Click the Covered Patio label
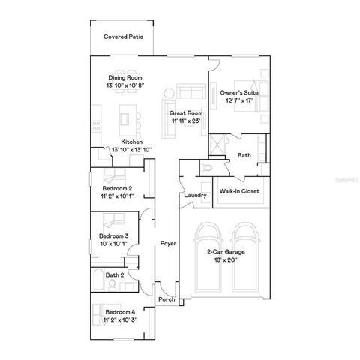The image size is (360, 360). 123,36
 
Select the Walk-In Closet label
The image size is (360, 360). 239,191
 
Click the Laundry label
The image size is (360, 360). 195,196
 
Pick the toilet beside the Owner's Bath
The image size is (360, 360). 207,168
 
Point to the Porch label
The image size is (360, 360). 166,299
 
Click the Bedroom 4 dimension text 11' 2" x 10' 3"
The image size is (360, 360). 120,319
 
